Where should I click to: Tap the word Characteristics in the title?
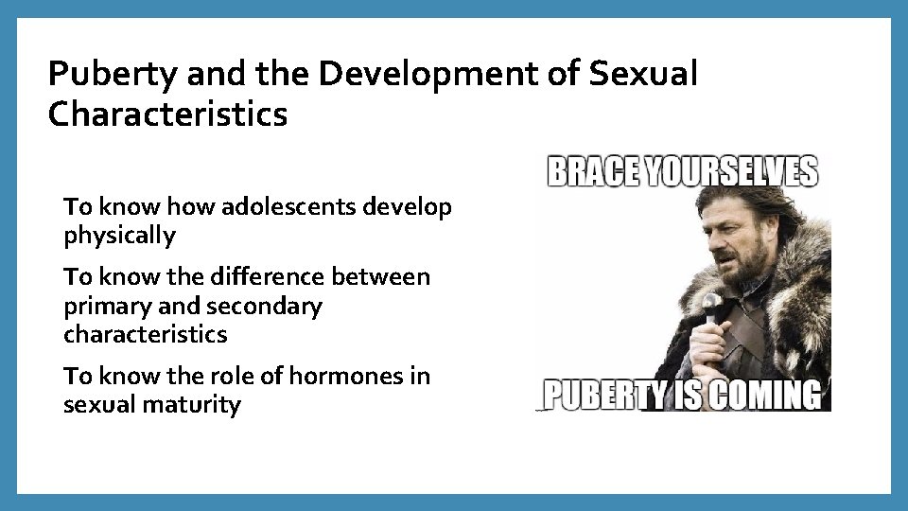point(167,115)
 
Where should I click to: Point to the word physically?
point(119,236)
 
